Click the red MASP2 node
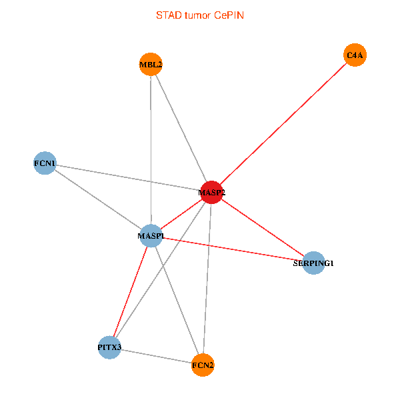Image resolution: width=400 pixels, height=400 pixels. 211,192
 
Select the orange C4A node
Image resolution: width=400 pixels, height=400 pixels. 355,55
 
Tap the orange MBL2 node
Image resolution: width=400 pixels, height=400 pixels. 151,65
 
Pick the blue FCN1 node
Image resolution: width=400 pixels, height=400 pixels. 45,163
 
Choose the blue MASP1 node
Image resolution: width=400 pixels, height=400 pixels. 151,235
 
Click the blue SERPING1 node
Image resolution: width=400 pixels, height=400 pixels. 313,263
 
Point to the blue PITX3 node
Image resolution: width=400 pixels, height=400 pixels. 109,347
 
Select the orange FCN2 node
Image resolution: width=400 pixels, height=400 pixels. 203,365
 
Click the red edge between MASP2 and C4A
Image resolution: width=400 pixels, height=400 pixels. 283,123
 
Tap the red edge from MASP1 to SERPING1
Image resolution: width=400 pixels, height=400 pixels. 233,249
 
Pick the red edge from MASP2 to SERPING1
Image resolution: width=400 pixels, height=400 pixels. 263,227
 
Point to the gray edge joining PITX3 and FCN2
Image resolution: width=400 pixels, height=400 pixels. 156,356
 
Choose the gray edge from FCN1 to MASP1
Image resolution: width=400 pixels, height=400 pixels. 98,199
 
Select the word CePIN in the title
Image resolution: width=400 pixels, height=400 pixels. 229,15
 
